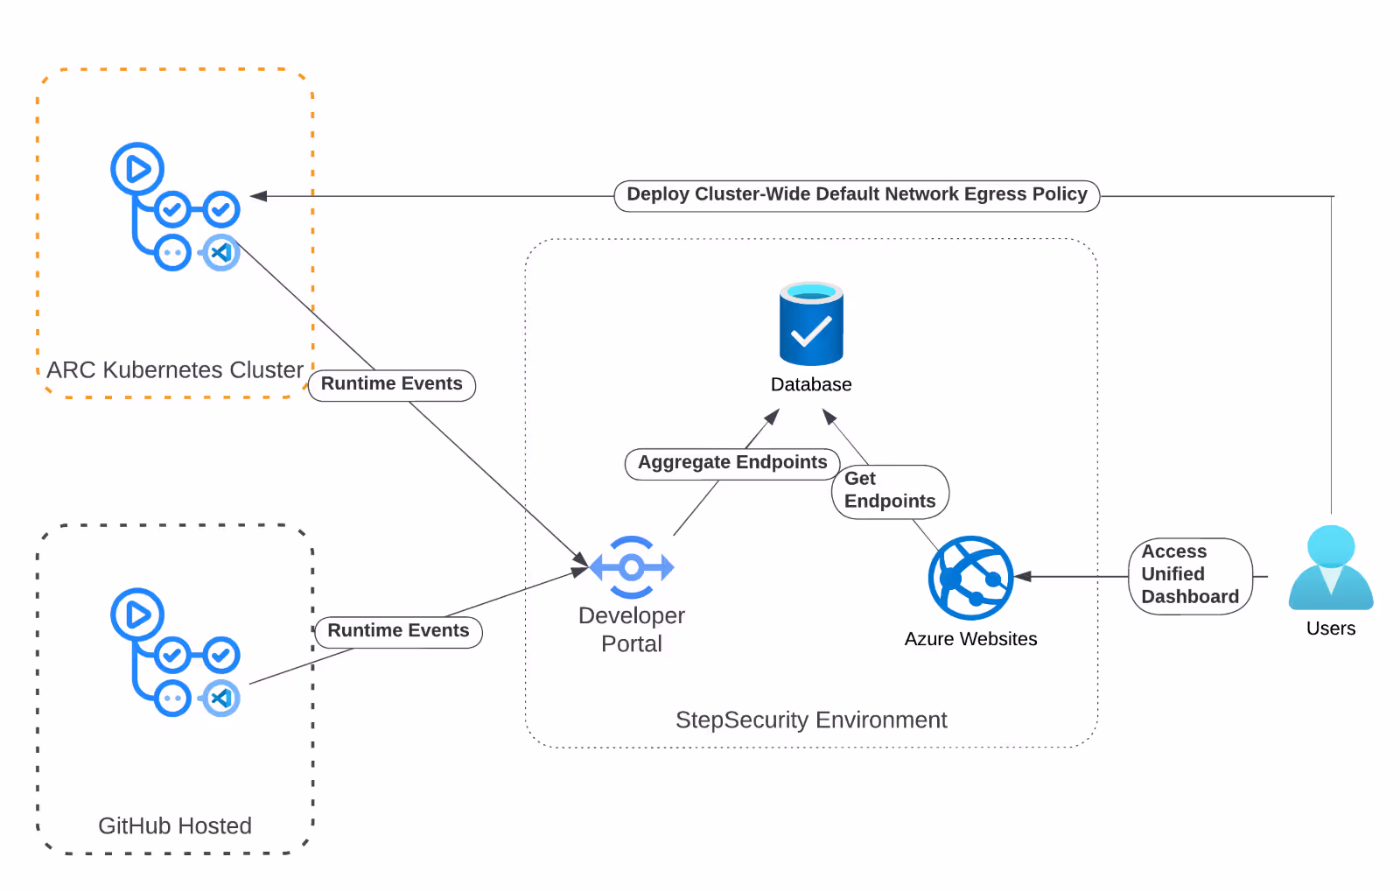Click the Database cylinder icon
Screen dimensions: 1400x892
pyautogui.click(x=811, y=323)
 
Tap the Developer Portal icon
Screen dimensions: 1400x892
pyautogui.click(x=632, y=567)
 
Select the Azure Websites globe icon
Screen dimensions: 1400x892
pyautogui.click(x=970, y=578)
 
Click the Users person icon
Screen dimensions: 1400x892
pyautogui.click(x=1331, y=567)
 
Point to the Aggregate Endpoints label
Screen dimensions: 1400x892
pyautogui.click(x=732, y=462)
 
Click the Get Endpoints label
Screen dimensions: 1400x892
pyautogui.click(x=890, y=491)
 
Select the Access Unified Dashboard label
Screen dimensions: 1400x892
pyautogui.click(x=1190, y=574)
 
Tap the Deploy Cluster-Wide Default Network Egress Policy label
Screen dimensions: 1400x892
pyautogui.click(x=857, y=195)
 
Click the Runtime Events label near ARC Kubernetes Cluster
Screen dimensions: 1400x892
pyautogui.click(x=392, y=383)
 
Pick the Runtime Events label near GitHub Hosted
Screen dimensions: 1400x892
pyautogui.click(x=398, y=631)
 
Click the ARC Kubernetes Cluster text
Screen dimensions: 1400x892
pyautogui.click(x=175, y=370)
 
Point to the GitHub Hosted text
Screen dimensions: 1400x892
pyautogui.click(x=175, y=825)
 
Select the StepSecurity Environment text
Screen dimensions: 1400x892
pyautogui.click(x=811, y=720)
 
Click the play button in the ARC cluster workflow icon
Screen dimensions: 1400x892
pyautogui.click(x=137, y=169)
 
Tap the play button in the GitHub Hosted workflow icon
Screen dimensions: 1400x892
pyautogui.click(x=137, y=615)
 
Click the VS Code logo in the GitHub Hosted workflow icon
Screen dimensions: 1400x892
pyautogui.click(x=221, y=698)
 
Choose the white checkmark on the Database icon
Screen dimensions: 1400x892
pyautogui.click(x=811, y=330)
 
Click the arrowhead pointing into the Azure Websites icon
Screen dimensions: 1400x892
pyautogui.click(x=1023, y=576)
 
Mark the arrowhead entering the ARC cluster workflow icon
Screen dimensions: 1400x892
pyautogui.click(x=259, y=196)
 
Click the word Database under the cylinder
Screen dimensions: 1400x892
pyautogui.click(x=811, y=384)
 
